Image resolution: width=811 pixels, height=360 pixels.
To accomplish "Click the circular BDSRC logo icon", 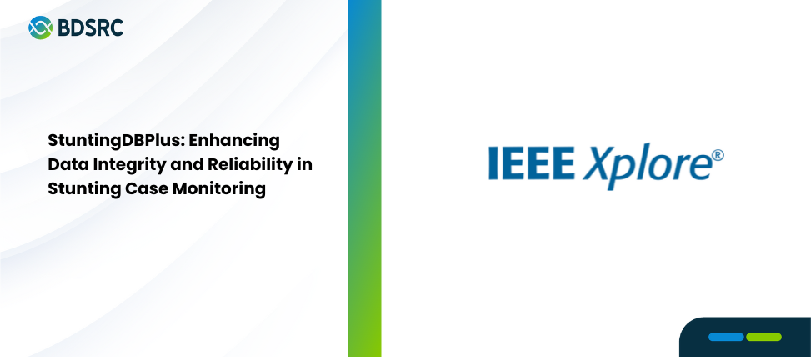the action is tap(40, 27).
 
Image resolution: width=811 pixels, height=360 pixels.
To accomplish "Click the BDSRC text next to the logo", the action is tap(91, 28).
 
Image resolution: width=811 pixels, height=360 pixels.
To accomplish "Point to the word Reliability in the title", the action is tap(248, 164).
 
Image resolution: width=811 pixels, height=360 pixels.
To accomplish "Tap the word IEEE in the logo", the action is tap(532, 162).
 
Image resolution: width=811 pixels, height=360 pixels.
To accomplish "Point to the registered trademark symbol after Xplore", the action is tap(718, 155).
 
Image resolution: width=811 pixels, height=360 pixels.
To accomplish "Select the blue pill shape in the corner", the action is tap(726, 337).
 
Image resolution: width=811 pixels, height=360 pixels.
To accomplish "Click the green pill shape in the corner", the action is tap(764, 337).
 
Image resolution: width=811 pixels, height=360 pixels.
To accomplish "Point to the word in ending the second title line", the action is tap(305, 164).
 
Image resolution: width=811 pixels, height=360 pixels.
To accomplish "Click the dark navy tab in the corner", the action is tap(745, 337).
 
